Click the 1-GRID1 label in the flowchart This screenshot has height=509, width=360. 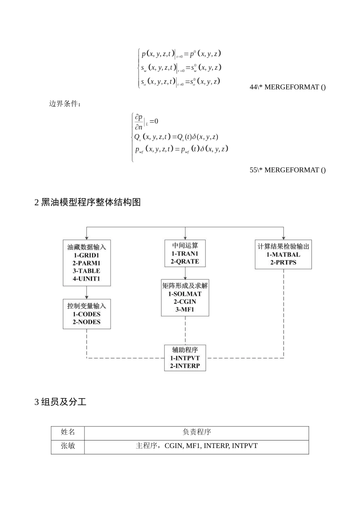(86, 255)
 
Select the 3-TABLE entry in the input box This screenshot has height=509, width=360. (86, 271)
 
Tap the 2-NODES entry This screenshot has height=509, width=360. (86, 322)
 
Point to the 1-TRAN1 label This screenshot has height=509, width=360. (185, 254)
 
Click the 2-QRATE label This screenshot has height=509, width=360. (185, 262)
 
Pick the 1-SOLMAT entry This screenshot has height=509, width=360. (185, 294)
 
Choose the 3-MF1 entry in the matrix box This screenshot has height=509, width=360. (185, 310)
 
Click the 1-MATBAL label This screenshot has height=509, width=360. (283, 254)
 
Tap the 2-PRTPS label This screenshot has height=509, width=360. (283, 262)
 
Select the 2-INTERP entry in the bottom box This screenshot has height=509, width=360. (185, 366)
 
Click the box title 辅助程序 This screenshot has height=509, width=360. (185, 350)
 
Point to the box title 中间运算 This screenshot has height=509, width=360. (185, 245)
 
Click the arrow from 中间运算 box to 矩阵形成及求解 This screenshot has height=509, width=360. (185, 273)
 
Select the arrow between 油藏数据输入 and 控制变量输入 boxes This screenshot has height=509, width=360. (87, 292)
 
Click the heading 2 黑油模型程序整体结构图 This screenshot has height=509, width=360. (88, 203)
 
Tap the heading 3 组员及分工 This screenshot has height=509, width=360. (61, 402)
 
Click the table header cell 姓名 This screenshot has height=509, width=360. (68, 432)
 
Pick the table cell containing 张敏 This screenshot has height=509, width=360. (68, 446)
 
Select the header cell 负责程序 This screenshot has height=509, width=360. (196, 432)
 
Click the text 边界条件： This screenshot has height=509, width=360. (65, 104)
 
